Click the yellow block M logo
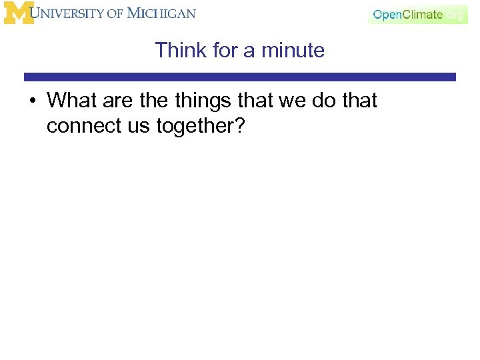point(19,13)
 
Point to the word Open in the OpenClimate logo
point(387,15)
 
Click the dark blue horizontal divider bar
point(240,77)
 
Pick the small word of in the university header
point(114,14)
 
